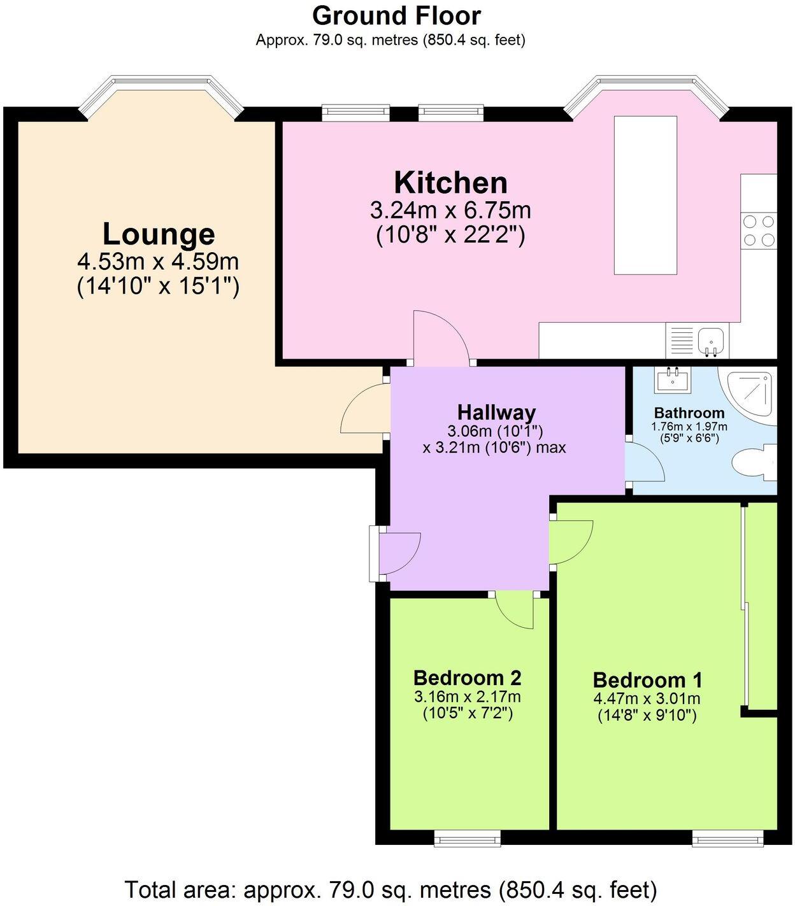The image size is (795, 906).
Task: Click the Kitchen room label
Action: tap(450, 183)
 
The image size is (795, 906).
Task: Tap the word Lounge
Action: tap(159, 234)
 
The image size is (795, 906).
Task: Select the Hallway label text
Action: tap(496, 413)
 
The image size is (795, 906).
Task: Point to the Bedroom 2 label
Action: tap(467, 678)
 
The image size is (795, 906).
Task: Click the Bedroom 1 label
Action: tap(647, 680)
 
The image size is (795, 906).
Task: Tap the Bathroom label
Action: tap(689, 413)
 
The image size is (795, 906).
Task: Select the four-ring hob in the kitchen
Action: tap(759, 230)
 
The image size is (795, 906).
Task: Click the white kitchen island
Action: tap(645, 195)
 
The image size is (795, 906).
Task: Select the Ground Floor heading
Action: tap(396, 16)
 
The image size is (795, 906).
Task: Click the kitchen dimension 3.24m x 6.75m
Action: tap(450, 210)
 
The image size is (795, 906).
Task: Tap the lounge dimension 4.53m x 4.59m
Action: tap(159, 262)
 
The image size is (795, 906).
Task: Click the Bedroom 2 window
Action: tap(467, 839)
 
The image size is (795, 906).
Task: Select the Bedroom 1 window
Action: tap(728, 839)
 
